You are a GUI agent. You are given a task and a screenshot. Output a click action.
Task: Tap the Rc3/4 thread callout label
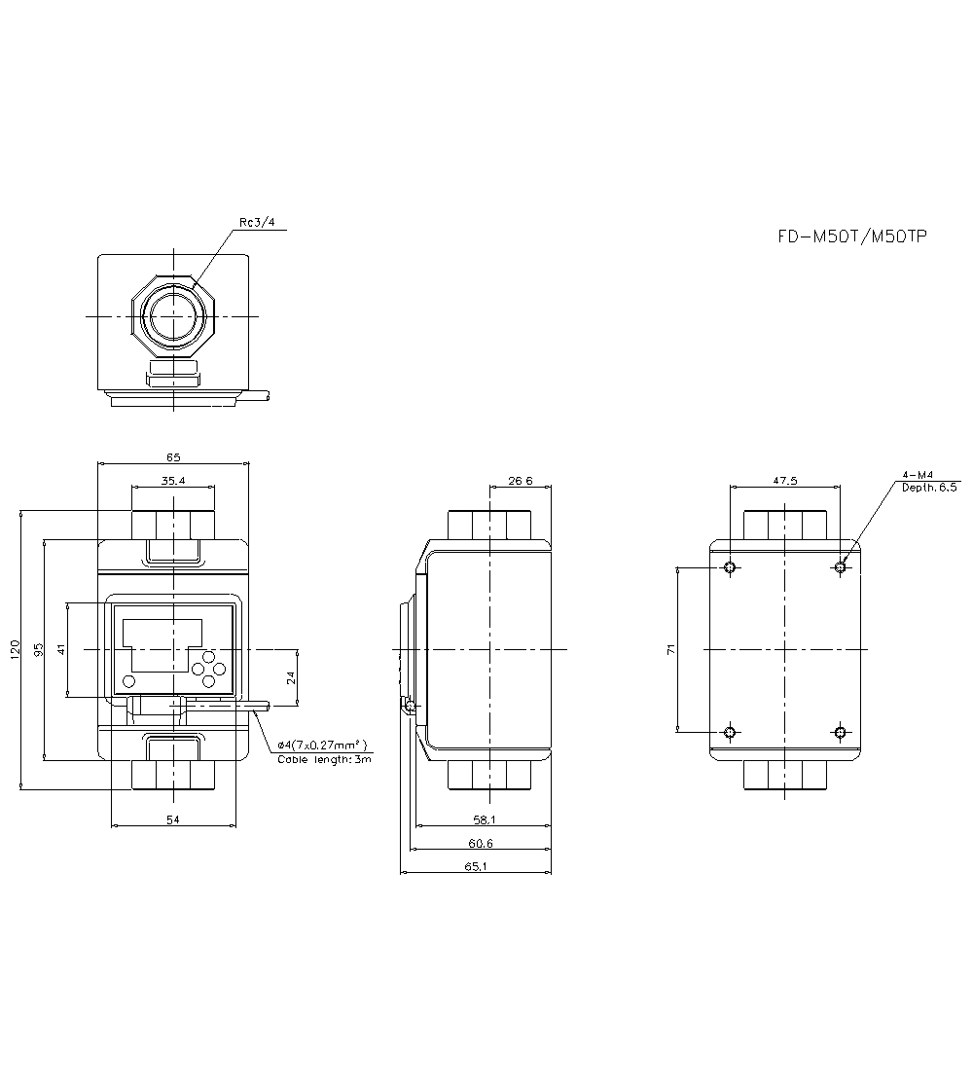[257, 223]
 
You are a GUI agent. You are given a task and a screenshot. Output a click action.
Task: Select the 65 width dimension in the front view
[173, 456]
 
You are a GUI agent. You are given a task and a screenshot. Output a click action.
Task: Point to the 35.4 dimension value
[173, 480]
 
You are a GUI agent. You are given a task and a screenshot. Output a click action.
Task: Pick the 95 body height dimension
[39, 649]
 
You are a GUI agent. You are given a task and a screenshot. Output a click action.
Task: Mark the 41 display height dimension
[60, 649]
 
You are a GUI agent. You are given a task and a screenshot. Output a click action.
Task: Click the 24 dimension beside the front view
[291, 677]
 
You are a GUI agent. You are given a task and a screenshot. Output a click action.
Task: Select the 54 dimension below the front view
[173, 820]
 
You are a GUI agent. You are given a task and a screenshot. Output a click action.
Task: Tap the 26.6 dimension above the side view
[521, 480]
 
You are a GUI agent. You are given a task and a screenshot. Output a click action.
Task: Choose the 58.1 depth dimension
[484, 820]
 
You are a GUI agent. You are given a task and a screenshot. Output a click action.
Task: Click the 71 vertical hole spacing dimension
[670, 649]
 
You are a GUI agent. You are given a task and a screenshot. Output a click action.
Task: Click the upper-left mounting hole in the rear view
[732, 566]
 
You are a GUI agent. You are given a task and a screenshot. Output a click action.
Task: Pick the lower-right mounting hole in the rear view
[842, 732]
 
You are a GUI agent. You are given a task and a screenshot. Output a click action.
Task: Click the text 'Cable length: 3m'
[324, 759]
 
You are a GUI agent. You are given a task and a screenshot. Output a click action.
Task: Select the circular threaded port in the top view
[172, 316]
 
